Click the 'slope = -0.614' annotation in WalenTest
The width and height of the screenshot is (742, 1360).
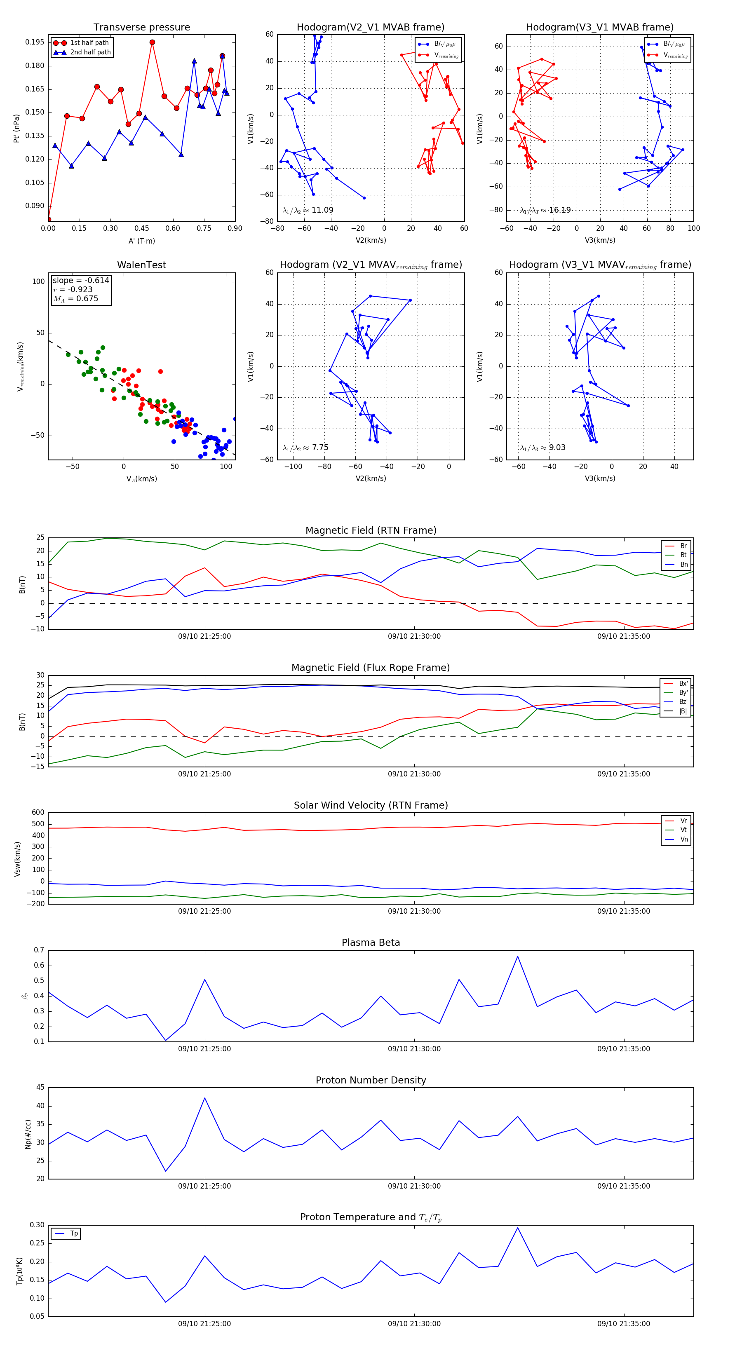coord(81,280)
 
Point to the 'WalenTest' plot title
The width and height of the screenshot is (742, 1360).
coord(141,265)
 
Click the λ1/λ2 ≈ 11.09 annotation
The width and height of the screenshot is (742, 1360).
coord(308,210)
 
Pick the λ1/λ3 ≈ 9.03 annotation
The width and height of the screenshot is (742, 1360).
coord(542,448)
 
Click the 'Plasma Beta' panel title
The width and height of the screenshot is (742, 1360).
coord(371,943)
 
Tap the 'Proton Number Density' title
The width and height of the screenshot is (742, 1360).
coord(371,1080)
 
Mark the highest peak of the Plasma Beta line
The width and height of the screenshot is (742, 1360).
coord(518,956)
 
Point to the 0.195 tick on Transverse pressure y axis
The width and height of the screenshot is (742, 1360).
coord(35,42)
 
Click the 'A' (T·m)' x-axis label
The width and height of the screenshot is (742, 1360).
coord(141,241)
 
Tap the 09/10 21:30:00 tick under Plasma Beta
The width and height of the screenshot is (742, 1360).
coord(414,1049)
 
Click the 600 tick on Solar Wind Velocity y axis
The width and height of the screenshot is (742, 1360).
coord(38,813)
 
